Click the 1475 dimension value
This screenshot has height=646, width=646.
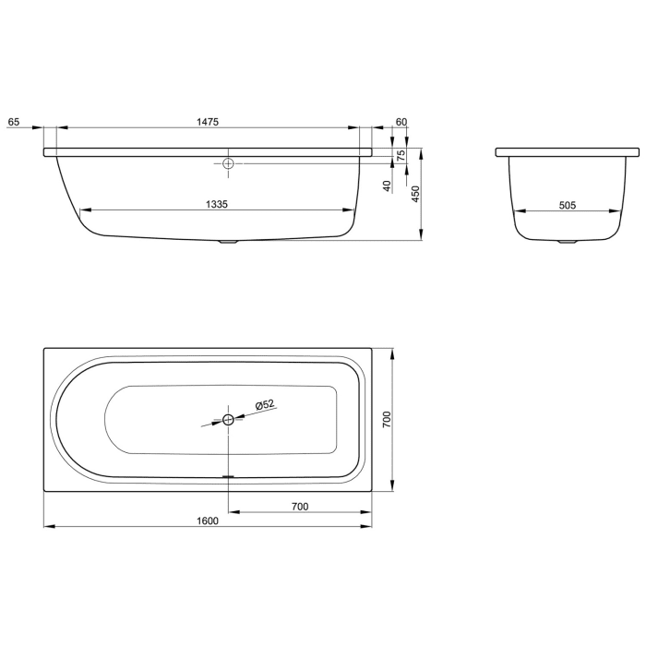point(207,121)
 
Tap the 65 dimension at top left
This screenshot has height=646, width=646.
point(13,121)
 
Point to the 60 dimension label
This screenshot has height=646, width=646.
point(401,121)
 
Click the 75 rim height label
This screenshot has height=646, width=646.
point(401,156)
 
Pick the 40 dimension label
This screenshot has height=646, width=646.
point(388,185)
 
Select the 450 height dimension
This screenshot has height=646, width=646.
point(415,194)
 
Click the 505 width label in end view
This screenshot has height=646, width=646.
point(567,206)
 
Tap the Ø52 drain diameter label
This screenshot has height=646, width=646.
point(265,405)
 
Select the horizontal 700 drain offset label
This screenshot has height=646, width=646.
point(299,506)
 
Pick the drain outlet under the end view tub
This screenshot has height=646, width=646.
point(567,244)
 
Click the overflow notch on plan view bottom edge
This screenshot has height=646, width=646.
point(229,478)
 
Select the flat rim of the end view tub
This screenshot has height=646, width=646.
point(567,150)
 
